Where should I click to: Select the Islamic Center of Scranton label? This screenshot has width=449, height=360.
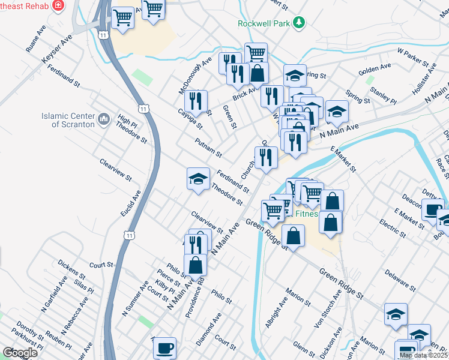click(68, 120)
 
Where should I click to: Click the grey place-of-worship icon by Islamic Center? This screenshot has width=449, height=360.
click(104, 120)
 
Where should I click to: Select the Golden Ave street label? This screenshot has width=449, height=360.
click(375, 68)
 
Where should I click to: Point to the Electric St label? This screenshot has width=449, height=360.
click(393, 232)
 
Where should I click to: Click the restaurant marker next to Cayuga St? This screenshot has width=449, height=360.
click(197, 101)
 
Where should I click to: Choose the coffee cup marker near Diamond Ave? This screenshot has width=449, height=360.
click(164, 348)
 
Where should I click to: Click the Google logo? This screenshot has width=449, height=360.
click(20, 353)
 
